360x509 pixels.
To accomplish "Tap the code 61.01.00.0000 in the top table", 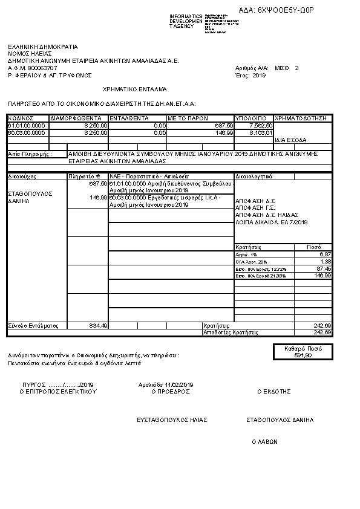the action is [x=26, y=125].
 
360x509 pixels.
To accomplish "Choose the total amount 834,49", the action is [x=98, y=326].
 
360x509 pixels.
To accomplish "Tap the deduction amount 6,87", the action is [x=326, y=254].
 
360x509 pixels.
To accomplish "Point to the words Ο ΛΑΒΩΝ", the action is [x=264, y=442].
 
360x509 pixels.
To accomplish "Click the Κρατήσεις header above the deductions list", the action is [x=247, y=247].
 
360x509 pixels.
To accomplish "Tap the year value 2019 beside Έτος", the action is [x=259, y=76].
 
